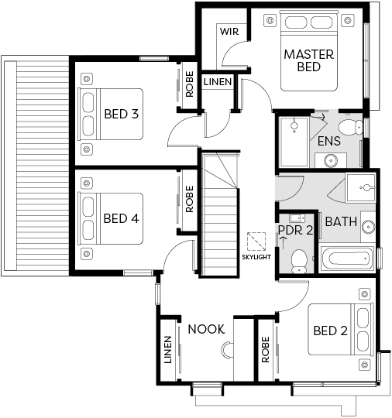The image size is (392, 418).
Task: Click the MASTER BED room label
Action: click(x=309, y=60)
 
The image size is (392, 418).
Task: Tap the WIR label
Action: click(x=229, y=32)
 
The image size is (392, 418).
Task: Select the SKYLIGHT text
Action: click(x=256, y=257)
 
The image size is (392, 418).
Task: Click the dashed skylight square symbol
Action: click(x=256, y=242)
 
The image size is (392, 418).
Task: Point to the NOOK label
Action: click(x=206, y=329)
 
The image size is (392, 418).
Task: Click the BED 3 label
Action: click(x=122, y=114)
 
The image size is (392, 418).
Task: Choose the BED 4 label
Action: click(x=121, y=218)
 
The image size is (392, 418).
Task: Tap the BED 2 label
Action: click(x=330, y=331)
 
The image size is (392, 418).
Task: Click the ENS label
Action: click(x=329, y=141)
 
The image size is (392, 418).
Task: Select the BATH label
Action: click(x=341, y=222)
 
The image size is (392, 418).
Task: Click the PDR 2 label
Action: click(x=295, y=230)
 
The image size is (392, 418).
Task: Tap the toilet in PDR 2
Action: click(x=299, y=262)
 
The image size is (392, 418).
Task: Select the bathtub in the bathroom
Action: click(x=347, y=258)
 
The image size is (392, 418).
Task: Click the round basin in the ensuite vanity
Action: click(x=331, y=160)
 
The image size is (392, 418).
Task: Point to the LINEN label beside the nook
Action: click(x=167, y=350)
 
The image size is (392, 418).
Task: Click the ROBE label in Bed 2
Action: click(x=266, y=350)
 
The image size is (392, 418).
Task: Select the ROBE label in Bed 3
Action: click(x=189, y=84)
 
